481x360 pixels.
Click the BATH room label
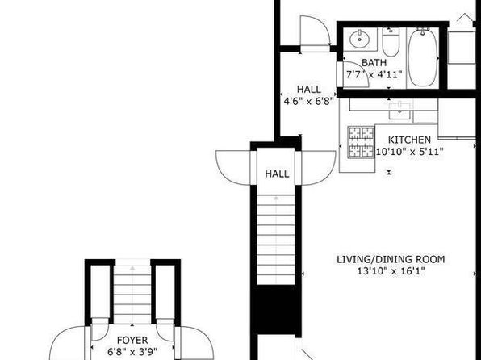[x=374, y=63]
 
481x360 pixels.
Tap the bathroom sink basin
[x=359, y=39]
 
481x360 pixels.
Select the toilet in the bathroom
[x=391, y=42]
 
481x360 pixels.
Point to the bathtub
[x=423, y=57]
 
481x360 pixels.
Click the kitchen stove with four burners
[x=361, y=142]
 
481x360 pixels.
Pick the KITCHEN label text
[x=409, y=140]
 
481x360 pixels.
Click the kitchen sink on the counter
[x=399, y=111]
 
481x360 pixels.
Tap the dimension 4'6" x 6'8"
[x=308, y=101]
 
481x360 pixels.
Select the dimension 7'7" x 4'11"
[x=374, y=74]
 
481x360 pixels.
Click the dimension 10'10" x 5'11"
[x=409, y=152]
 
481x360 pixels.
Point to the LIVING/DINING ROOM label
[x=391, y=259]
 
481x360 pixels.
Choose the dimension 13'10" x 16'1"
[x=391, y=271]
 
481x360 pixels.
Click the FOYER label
[x=132, y=340]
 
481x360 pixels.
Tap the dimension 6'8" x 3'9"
[x=132, y=351]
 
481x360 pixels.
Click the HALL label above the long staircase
[x=277, y=174]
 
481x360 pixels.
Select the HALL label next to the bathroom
[x=309, y=90]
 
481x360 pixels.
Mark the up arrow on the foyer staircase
[x=132, y=268]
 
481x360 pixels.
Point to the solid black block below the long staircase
[x=276, y=309]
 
